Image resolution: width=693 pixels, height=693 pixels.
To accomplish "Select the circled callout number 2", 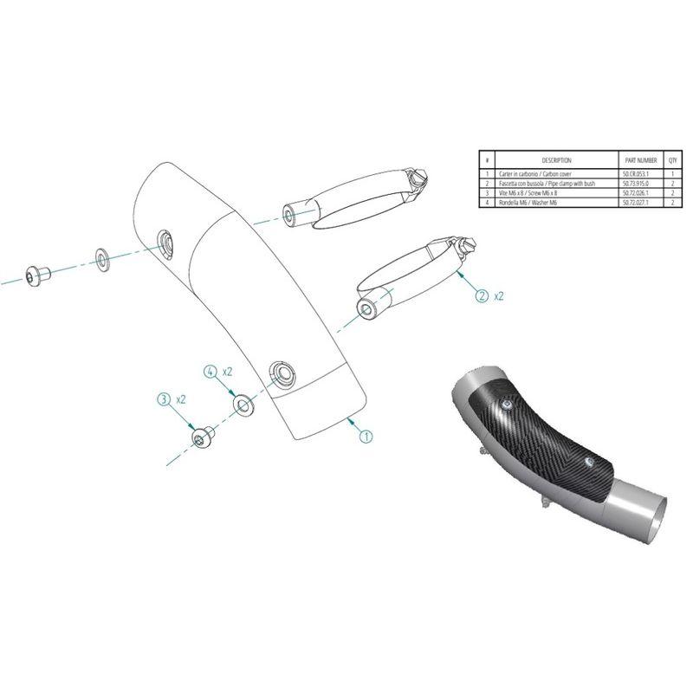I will pos(482,295).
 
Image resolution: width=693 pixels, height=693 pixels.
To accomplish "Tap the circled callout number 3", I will pos(164,400).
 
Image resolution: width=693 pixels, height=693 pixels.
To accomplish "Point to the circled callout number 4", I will pos(210,371).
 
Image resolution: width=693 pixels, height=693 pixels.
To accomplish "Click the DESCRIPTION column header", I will pos(556,160).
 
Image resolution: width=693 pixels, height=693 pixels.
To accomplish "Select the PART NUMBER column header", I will pos(641,160).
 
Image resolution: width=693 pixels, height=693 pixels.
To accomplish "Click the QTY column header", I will pos(672,160).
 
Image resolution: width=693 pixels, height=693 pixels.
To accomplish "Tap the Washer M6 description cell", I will pos(528,202).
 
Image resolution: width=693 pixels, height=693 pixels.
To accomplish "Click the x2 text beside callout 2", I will pos(500,296).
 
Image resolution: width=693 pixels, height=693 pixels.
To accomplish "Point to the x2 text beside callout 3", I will pos(182,400).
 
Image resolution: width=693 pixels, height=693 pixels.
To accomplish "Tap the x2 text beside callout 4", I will pos(228,371).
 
